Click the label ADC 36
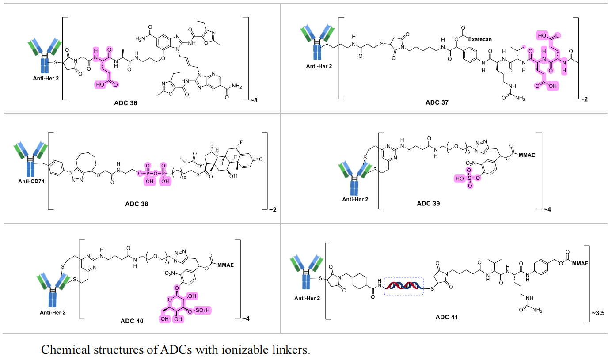point(125,103)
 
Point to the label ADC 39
point(428,204)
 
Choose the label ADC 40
point(132,321)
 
